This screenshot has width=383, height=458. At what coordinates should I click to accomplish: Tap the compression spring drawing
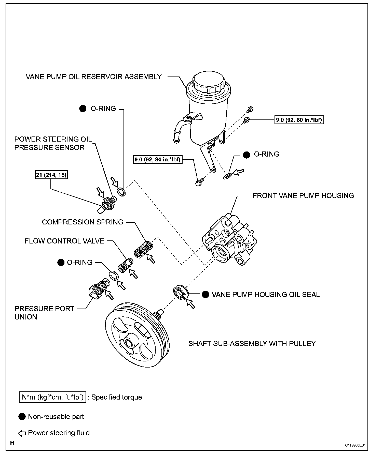coord(144,249)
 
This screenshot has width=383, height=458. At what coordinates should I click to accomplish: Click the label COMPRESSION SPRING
coord(83,222)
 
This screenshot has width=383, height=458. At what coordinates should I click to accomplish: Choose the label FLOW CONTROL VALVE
coord(64,241)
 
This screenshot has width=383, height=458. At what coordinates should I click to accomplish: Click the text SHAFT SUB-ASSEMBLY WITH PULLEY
coord(252,343)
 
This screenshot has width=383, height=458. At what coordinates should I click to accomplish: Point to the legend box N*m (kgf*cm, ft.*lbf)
coord(52,397)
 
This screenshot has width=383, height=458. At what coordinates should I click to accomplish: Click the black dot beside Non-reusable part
coord(22,417)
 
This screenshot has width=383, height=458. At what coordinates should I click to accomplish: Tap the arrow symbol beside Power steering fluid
coord(22,433)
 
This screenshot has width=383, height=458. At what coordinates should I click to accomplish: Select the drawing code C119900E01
coord(355,445)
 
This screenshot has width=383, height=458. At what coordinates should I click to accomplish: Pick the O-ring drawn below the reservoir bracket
coord(227,176)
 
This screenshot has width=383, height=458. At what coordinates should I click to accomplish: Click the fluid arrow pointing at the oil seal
coord(190,303)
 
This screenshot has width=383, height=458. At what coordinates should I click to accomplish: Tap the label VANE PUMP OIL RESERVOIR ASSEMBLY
coord(94,77)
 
